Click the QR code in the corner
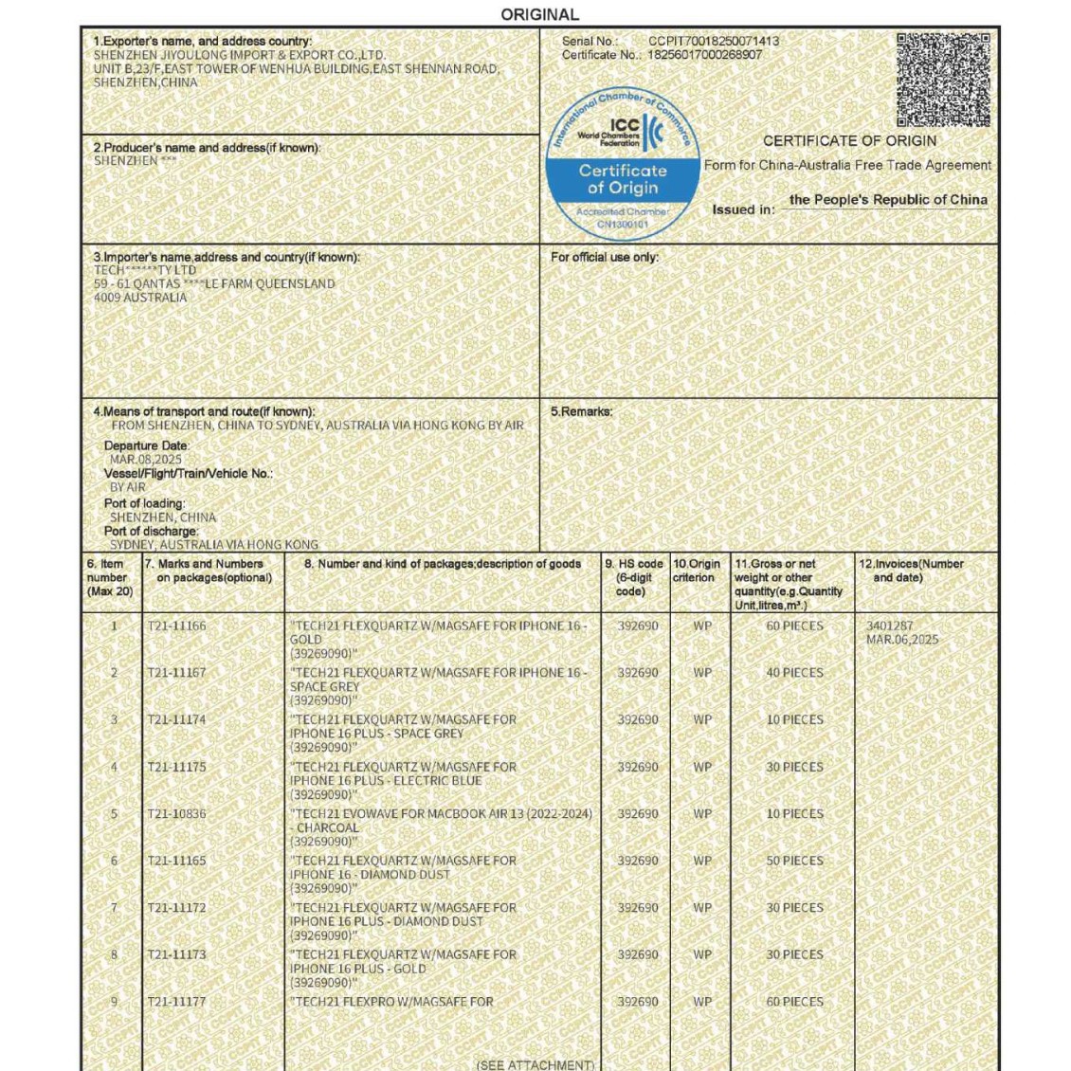click(943, 80)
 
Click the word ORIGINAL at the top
click(539, 14)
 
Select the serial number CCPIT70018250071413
click(714, 41)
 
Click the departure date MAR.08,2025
click(146, 460)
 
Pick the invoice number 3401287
click(890, 626)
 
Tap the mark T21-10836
click(176, 814)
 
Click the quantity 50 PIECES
click(794, 861)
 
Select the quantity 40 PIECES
click(794, 673)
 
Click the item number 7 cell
click(114, 908)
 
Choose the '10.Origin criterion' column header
click(697, 571)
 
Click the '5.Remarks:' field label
click(581, 411)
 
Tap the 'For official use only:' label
click(605, 257)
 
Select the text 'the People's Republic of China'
click(888, 200)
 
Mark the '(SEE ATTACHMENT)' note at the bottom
click(535, 1064)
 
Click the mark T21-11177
click(176, 1002)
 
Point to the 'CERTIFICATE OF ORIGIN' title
click(849, 140)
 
